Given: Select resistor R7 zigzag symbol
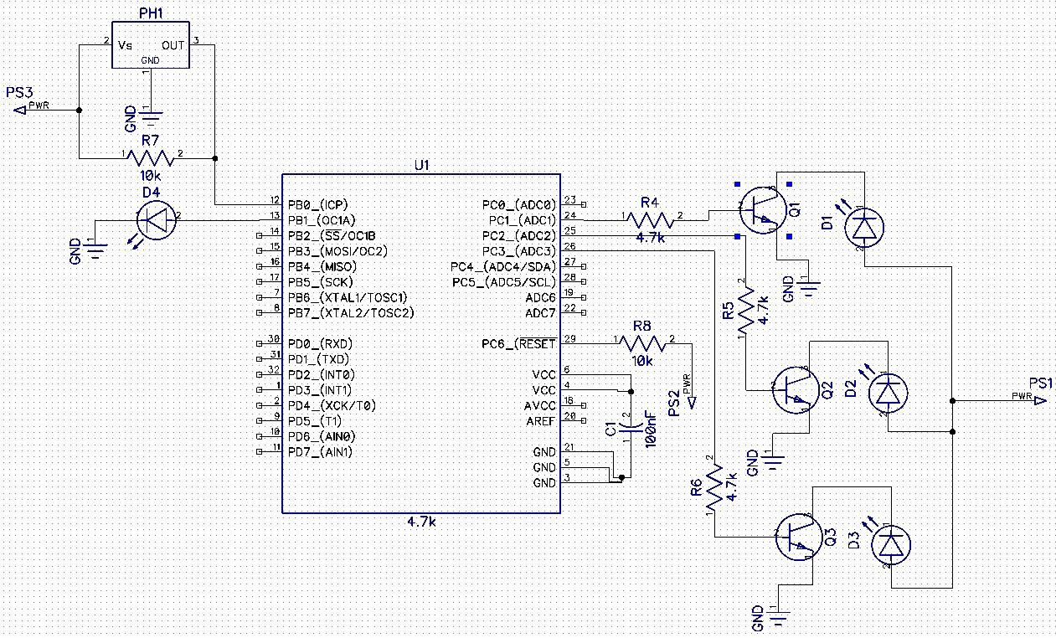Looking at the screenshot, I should pos(152,157).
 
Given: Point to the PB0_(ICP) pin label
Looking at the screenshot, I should pos(318,204).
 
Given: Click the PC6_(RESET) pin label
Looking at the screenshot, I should pos(518,343).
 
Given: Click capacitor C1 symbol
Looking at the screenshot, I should pos(630,428).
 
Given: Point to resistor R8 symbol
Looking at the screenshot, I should pos(642,342).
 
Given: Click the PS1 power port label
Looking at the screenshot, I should pos(1040,383).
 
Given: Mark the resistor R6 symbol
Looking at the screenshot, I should pos(714,491).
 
